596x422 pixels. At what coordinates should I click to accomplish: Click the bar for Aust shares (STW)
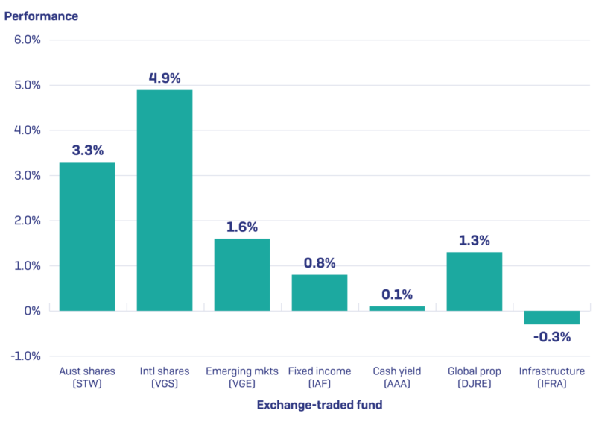tap(87, 236)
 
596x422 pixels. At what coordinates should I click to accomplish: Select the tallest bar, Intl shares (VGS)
tap(165, 200)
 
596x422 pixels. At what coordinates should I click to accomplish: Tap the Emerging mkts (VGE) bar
tap(242, 274)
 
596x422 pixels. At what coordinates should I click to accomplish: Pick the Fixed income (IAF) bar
tap(320, 292)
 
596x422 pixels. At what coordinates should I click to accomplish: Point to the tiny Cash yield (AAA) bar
tap(397, 308)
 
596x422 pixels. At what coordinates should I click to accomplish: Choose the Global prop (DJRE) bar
tap(475, 281)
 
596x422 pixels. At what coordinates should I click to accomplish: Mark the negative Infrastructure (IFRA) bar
tap(552, 318)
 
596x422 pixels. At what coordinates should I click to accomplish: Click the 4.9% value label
tap(165, 78)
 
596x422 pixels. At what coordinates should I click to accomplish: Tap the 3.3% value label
tap(87, 150)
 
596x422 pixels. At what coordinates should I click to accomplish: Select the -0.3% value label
tap(552, 337)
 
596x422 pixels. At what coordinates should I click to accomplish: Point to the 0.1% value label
tap(397, 295)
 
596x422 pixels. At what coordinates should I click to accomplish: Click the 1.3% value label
tap(475, 240)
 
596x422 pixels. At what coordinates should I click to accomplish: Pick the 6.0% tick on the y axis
tap(28, 40)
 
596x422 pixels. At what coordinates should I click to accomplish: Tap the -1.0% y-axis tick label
tap(26, 356)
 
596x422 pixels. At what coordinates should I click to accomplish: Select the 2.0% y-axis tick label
tap(28, 220)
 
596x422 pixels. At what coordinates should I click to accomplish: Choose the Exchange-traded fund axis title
tap(320, 405)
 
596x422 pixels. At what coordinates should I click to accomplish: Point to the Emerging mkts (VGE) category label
tap(242, 377)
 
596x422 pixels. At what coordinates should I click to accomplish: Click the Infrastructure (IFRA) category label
tap(552, 377)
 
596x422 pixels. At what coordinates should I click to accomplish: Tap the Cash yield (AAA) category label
tap(397, 377)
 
